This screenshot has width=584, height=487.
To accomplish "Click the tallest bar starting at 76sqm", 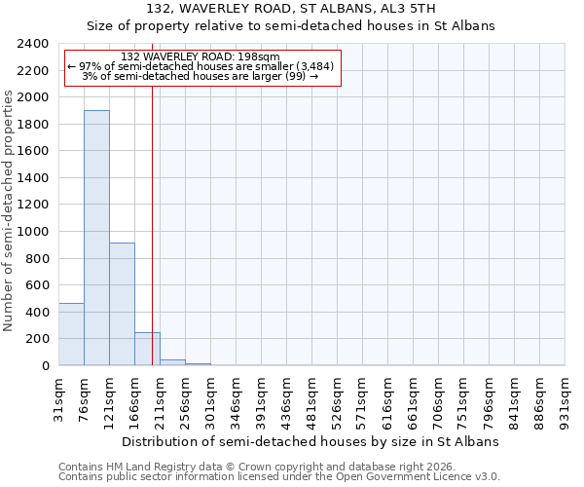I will click(x=96, y=238).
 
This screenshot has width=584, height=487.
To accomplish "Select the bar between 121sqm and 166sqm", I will click(x=122, y=304).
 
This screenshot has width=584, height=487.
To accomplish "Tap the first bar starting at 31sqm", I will click(x=71, y=334).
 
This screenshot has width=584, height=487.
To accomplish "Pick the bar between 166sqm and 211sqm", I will click(x=147, y=349).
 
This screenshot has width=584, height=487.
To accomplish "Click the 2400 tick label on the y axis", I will click(x=33, y=44).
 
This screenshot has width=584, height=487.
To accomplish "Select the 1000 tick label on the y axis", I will click(x=33, y=232).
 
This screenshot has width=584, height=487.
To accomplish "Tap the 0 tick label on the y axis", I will click(x=46, y=366).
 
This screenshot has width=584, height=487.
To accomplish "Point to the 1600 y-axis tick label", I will click(x=33, y=151).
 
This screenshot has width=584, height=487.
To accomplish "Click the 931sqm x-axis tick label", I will click(x=566, y=399).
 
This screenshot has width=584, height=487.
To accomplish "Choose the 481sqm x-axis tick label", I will click(x=312, y=399).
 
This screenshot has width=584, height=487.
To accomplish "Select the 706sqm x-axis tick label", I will click(x=439, y=399).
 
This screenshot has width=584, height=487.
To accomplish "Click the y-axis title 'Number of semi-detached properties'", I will click(x=9, y=209).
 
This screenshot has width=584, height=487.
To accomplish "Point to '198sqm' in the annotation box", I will click(x=260, y=56).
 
